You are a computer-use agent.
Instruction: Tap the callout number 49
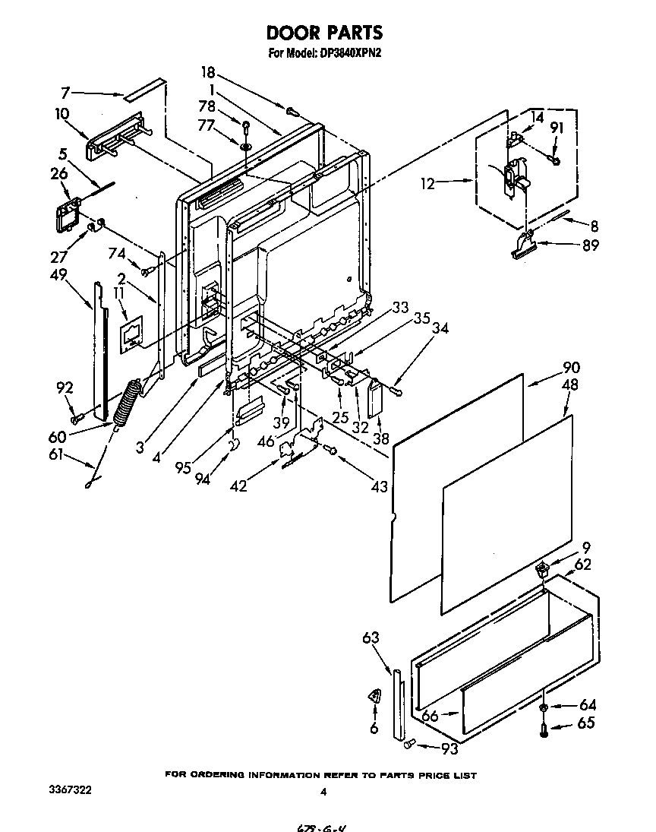pyautogui.click(x=58, y=274)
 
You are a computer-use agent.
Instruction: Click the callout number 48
pyautogui.click(x=570, y=384)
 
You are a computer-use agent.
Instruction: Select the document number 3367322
pyautogui.click(x=70, y=790)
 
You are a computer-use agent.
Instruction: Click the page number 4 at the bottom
pyautogui.click(x=323, y=792)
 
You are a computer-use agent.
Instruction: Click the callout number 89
pyautogui.click(x=590, y=245)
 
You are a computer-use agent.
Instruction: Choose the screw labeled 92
pyautogui.click(x=76, y=418)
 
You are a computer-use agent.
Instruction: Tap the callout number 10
pyautogui.click(x=61, y=114)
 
